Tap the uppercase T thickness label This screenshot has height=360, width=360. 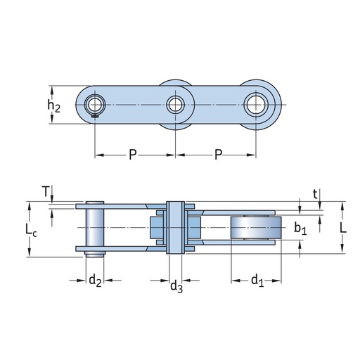pyautogui.click(x=46, y=191)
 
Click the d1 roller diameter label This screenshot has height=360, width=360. pyautogui.click(x=257, y=281)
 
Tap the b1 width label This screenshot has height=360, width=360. pyautogui.click(x=300, y=228)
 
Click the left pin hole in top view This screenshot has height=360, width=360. pyautogui.click(x=95, y=105)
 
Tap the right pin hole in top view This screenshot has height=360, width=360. pyautogui.click(x=255, y=105)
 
